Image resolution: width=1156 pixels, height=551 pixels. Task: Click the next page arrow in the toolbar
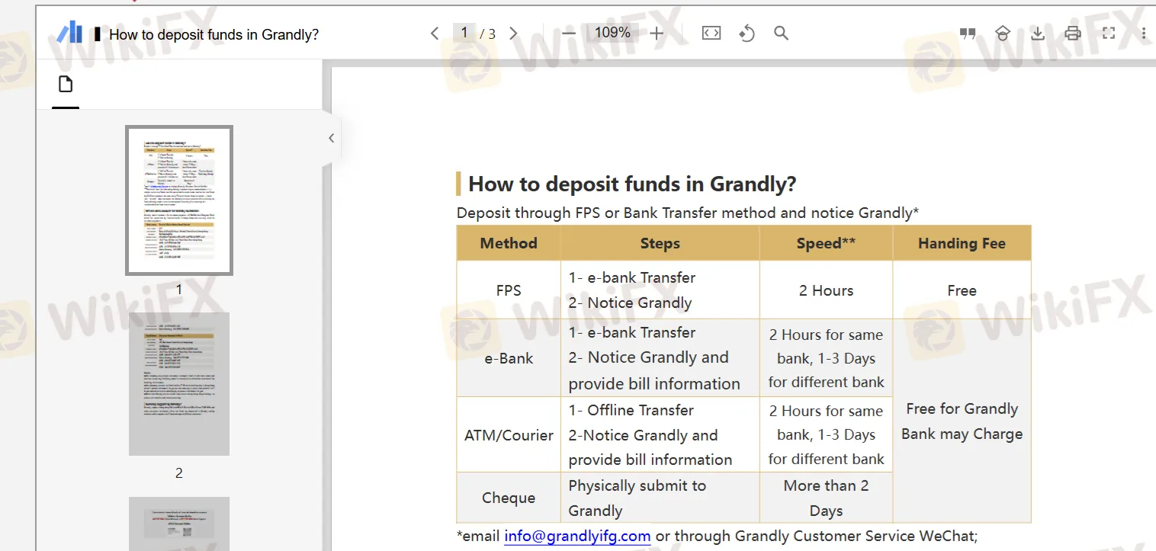point(513,34)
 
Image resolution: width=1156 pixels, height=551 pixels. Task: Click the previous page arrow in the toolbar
point(435,34)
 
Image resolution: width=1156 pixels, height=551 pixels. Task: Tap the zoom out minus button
point(569,34)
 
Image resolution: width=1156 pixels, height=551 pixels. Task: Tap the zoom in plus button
point(657,34)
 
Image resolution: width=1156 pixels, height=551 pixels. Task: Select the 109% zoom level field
point(612,33)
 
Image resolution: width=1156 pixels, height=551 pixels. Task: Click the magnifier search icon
point(781,34)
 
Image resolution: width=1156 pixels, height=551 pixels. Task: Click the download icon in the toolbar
point(1037,34)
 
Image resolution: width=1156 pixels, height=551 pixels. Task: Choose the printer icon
point(1073,34)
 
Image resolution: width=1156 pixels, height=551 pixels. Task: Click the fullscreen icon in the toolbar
point(1109,34)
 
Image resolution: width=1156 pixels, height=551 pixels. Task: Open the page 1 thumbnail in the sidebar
point(179,200)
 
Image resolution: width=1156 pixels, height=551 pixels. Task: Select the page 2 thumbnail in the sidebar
point(179,383)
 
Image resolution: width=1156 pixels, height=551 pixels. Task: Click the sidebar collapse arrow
point(331,138)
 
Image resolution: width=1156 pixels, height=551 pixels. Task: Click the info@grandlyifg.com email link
point(577,536)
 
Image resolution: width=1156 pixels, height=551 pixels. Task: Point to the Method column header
point(509,244)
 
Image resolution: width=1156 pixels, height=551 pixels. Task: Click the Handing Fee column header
point(962,244)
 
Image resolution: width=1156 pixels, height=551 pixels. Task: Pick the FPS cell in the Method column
point(509,290)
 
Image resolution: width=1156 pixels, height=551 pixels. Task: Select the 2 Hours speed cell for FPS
point(826,290)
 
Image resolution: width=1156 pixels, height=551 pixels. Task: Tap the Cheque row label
point(509,498)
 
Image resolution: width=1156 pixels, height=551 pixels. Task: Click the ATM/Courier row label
point(509,435)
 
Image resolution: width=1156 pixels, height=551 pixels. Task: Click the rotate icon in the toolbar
point(747,34)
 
